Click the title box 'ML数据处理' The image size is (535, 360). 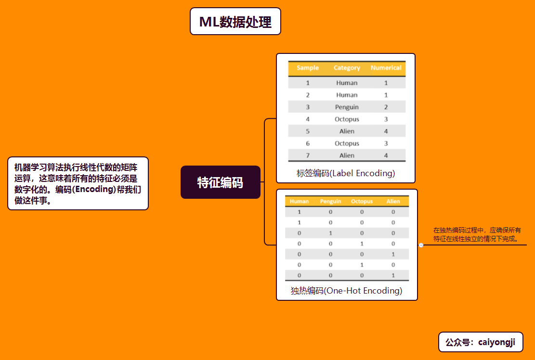pyautogui.click(x=235, y=22)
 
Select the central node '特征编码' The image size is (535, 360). pyautogui.click(x=220, y=182)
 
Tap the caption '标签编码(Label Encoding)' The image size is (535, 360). pyautogui.click(x=346, y=173)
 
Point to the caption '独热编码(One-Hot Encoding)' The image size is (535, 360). pyautogui.click(x=346, y=291)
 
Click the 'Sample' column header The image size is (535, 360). pyautogui.click(x=308, y=68)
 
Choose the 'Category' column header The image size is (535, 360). pyautogui.click(x=347, y=68)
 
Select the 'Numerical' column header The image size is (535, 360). pyautogui.click(x=386, y=68)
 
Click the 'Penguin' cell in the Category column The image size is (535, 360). pyautogui.click(x=347, y=107)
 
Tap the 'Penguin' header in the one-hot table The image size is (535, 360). pyautogui.click(x=330, y=201)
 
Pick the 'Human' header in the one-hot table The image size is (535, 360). pyautogui.click(x=299, y=201)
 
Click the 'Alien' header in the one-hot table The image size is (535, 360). pyautogui.click(x=393, y=201)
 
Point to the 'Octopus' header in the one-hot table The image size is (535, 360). pyautogui.click(x=362, y=201)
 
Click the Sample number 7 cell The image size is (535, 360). pyautogui.click(x=308, y=155)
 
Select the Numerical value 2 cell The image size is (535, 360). pyautogui.click(x=386, y=107)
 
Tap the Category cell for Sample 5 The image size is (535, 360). pyautogui.click(x=347, y=131)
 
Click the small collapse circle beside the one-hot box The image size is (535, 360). pyautogui.click(x=421, y=245)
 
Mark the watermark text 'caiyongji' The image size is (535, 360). pyautogui.click(x=496, y=342)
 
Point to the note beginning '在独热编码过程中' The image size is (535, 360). pyautogui.click(x=477, y=234)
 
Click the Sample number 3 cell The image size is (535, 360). pyautogui.click(x=308, y=107)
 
